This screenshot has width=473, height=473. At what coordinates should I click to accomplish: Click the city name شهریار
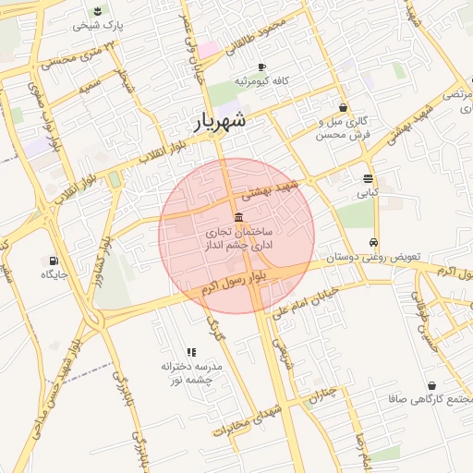[222, 120]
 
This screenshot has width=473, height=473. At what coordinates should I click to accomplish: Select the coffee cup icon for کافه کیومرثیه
[261, 67]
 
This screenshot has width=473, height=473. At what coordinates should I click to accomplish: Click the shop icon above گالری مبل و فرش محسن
[343, 107]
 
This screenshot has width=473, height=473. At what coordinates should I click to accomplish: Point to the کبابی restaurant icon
[369, 178]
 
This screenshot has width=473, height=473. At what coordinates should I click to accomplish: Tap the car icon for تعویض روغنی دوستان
[373, 242]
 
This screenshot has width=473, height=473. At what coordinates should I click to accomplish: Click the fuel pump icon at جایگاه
[54, 261]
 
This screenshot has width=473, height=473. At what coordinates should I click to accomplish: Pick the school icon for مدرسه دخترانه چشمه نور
[191, 352]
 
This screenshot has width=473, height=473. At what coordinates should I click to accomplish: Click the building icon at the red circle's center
[239, 218]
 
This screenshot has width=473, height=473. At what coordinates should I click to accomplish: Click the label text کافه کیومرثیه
[261, 81]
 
